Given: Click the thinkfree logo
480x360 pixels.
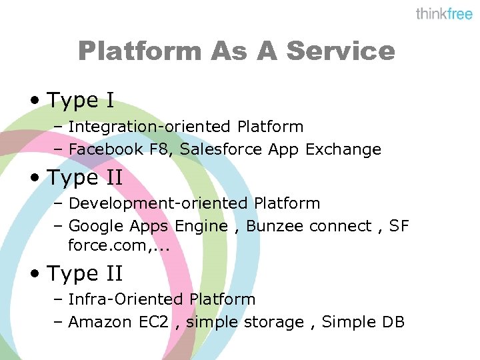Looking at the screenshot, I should [444, 14].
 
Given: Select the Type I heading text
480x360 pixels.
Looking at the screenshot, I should [81, 101].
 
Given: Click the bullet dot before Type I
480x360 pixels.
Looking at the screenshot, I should [34, 101].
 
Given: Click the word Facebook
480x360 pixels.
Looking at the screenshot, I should [106, 149].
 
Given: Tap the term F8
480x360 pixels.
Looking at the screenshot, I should [159, 149].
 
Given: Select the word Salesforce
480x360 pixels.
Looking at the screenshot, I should [221, 149].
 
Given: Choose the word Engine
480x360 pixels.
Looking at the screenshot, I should [201, 226].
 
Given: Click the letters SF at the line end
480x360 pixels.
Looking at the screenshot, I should [399, 226].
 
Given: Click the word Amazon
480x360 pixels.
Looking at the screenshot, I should [100, 322].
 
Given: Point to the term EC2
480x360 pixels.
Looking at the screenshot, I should [153, 322].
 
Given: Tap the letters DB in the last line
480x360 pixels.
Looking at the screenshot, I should [393, 322].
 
